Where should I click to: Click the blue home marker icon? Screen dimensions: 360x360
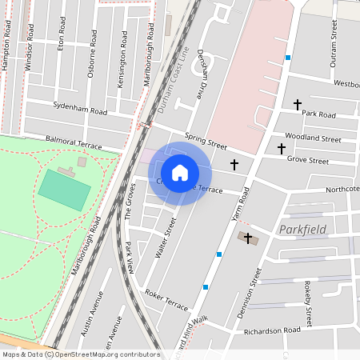tap(180, 173)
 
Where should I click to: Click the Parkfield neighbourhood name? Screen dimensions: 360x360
tap(303, 230)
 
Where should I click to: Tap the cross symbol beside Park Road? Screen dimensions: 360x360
tap(298, 105)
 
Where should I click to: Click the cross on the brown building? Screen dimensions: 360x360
tap(248, 238)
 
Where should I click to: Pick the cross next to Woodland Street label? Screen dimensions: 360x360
tap(281, 148)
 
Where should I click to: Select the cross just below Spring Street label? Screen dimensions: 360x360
tap(234, 165)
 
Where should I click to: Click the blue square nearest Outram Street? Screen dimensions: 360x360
tap(288, 58)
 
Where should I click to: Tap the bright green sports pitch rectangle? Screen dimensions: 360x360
tap(65, 190)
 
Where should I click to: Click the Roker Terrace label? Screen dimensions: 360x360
tap(166, 300)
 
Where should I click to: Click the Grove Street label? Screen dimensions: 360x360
tap(308, 161)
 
